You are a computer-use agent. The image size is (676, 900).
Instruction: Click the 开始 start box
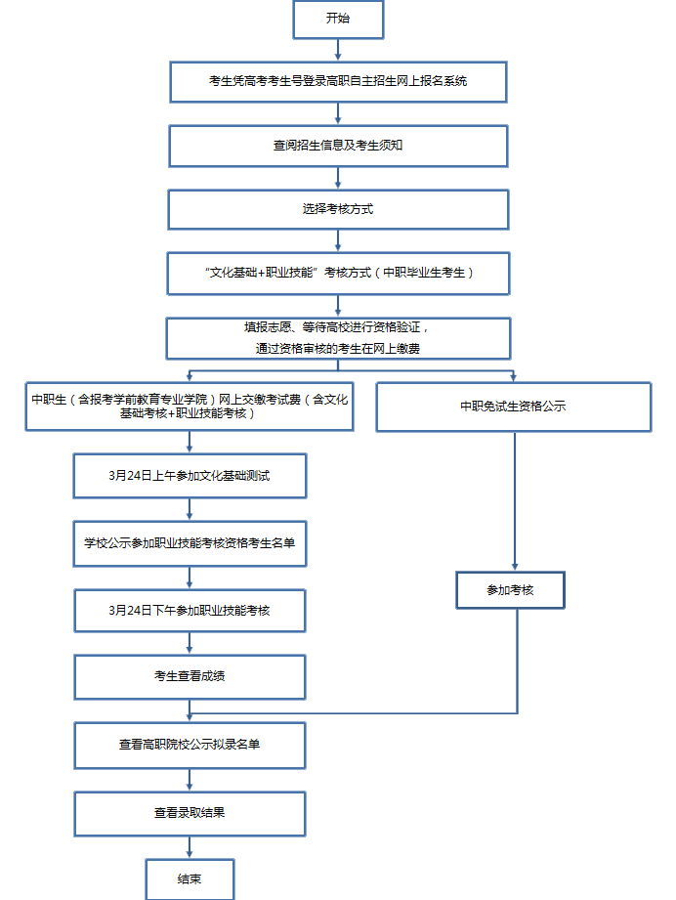pos(337,20)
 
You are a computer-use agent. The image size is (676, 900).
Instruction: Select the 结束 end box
pos(190,878)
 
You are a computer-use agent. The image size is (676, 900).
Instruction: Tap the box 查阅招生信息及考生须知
pos(338,146)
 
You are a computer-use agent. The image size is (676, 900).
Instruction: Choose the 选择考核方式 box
pos(338,209)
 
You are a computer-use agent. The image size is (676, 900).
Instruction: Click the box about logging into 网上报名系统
pos(338,81)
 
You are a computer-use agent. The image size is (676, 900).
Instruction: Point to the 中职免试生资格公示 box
pos(513,407)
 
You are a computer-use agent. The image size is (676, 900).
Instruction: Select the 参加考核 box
pos(511,590)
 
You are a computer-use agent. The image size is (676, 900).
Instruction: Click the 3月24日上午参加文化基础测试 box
pos(190,476)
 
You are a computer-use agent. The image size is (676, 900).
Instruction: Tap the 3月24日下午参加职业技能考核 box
pos(190,610)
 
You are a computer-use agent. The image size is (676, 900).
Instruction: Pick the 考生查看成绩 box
pos(190,676)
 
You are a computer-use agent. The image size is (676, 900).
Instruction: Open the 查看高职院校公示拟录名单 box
pos(190,745)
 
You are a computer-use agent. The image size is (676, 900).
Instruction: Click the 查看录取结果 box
pos(190,813)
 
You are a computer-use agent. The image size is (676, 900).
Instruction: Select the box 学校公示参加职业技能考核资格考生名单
pos(190,543)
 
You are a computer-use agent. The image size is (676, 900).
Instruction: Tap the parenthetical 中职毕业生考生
pos(428,273)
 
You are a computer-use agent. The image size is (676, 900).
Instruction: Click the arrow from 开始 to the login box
pos(338,50)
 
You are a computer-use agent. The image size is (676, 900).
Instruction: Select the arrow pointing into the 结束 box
pos(190,848)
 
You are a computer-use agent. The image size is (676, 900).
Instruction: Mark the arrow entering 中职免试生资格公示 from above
pos(514,375)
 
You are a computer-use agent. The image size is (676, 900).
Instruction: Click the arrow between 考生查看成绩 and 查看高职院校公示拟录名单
pos(190,711)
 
